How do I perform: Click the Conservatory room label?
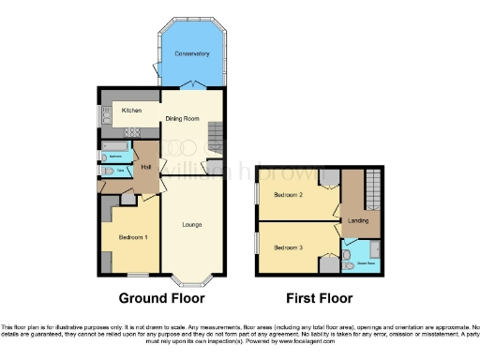192,54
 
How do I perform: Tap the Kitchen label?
130,111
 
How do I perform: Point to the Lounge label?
192,224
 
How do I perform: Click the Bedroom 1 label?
131,237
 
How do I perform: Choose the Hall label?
146,168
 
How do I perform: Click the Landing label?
357,221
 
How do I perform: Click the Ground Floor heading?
160,299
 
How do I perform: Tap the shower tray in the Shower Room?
372,249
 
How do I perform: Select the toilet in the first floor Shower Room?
348,253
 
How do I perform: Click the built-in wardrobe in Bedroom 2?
327,179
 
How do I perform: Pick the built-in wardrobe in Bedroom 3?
327,265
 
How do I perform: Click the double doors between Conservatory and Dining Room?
191,87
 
